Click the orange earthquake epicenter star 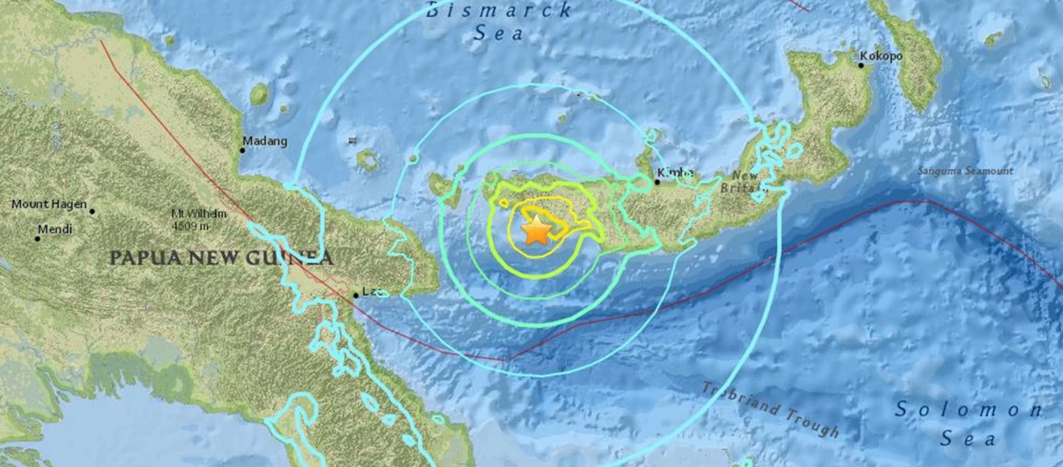click(x=535, y=231)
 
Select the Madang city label click(x=265, y=142)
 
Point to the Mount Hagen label click(x=48, y=205)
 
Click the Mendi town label click(x=56, y=230)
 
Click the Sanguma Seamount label click(x=965, y=171)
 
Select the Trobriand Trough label click(x=770, y=409)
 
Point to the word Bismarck click(x=499, y=11)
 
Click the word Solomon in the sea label click(x=968, y=409)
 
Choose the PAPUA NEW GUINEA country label click(x=221, y=258)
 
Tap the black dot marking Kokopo click(x=861, y=65)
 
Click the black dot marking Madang click(x=242, y=150)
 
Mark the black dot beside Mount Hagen click(x=92, y=211)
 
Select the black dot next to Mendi click(x=37, y=238)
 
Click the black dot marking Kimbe click(x=656, y=182)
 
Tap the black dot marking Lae click(x=356, y=295)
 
